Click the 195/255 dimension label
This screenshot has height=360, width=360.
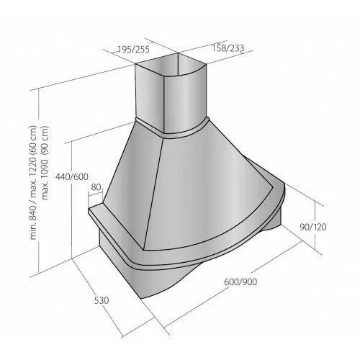(133, 50)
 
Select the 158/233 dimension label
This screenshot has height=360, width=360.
(228, 48)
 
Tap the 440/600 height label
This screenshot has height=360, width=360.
(72, 177)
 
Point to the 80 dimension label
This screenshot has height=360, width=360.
(96, 187)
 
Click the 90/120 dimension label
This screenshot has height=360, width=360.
(313, 227)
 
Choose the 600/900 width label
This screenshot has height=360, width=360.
(240, 282)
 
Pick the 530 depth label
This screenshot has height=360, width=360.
(102, 300)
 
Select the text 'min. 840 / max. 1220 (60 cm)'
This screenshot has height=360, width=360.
(34, 182)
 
